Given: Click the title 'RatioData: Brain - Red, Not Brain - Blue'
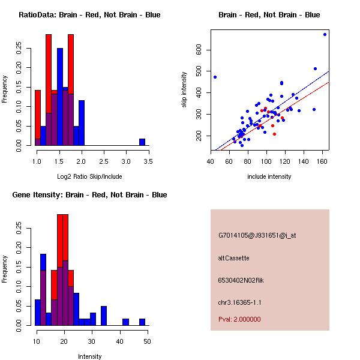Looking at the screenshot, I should pyautogui.click(x=89, y=15).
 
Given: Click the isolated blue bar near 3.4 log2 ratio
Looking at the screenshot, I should pyautogui.click(x=142, y=142).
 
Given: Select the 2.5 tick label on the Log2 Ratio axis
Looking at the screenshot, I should pyautogui.click(x=104, y=161).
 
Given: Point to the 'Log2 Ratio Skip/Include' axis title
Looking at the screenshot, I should pyautogui.click(x=89, y=176).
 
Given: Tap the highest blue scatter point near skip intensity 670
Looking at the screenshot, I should pyautogui.click(x=325, y=34).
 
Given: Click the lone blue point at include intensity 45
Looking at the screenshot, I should pyautogui.click(x=215, y=77).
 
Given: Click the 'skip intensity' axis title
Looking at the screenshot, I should pyautogui.click(x=184, y=90).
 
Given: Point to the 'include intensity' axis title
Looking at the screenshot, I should pyautogui.click(x=269, y=176).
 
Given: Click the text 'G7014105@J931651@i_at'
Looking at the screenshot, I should pyautogui.click(x=257, y=235).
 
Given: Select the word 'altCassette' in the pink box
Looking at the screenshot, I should pyautogui.click(x=233, y=258).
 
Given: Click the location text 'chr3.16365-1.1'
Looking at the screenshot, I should pyautogui.click(x=239, y=302).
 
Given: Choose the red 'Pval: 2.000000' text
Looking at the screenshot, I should pyautogui.click(x=239, y=319).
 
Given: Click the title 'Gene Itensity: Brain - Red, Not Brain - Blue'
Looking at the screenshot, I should pyautogui.click(x=89, y=195).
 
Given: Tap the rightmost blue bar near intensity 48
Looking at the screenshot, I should pyautogui.click(x=142, y=322).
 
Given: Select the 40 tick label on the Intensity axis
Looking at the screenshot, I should pyautogui.click(x=120, y=341).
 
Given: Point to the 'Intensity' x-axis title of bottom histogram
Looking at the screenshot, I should pyautogui.click(x=89, y=356).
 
